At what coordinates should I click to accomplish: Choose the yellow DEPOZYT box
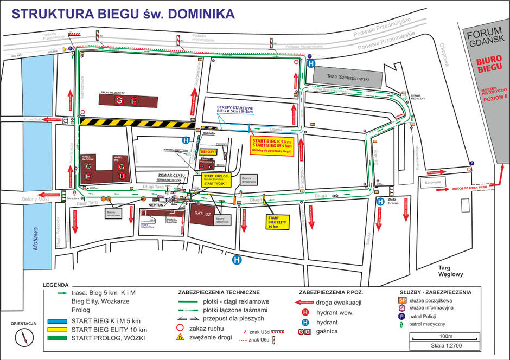[208, 152]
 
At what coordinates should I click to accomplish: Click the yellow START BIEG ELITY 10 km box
[277, 222]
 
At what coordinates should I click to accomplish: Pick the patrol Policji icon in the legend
[402, 316]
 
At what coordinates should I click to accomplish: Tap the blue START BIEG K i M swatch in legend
[56, 320]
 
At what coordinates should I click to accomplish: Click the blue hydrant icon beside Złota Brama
[381, 201]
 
